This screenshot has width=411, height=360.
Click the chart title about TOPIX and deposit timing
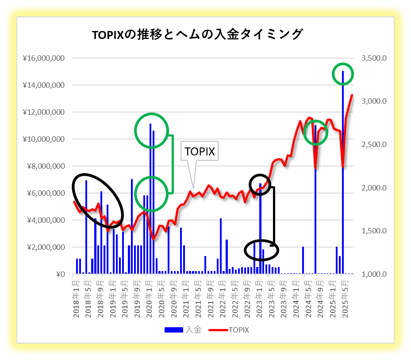pyautogui.click(x=197, y=35)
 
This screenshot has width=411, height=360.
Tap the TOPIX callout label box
pyautogui.click(x=200, y=151)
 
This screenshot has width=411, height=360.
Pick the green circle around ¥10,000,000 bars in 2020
pyautogui.click(x=152, y=130)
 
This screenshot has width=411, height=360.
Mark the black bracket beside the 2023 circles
pyautogui.click(x=273, y=216)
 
